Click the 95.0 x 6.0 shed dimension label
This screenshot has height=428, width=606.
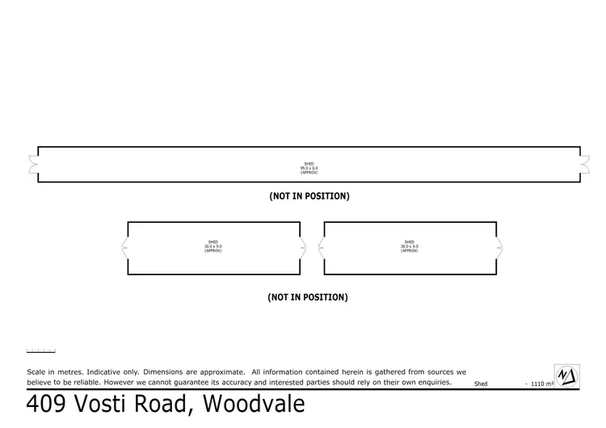[x=309, y=168]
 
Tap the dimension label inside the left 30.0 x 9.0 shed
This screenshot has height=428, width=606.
[x=213, y=246]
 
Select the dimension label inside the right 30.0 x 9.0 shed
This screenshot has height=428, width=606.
[x=410, y=246]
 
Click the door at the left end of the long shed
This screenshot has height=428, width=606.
[x=34, y=164]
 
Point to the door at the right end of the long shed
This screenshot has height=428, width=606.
[x=584, y=164]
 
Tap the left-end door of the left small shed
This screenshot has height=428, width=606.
[x=124, y=248]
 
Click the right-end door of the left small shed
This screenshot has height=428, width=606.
[x=303, y=248]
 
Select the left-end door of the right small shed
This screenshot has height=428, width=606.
[x=321, y=248]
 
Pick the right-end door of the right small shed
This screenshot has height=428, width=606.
[x=500, y=248]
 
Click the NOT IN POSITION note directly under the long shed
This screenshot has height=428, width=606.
[x=309, y=196]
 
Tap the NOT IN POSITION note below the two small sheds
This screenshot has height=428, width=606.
[x=308, y=297]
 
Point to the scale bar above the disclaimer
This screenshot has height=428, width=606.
[x=40, y=350]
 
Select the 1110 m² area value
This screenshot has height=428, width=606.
[x=541, y=384]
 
